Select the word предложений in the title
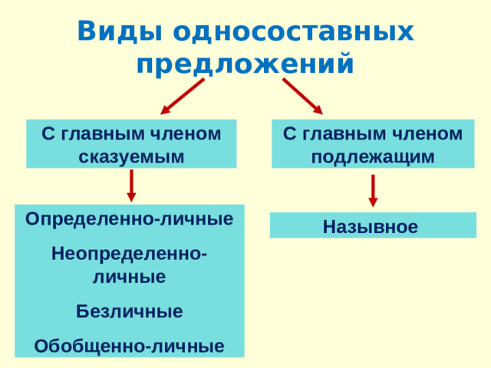click(x=245, y=64)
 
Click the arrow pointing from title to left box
click(x=182, y=97)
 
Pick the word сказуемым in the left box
click(x=131, y=156)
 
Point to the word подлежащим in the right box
click(x=373, y=156)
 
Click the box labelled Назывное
click(x=372, y=226)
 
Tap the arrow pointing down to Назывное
click(x=373, y=191)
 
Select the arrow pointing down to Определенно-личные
click(x=132, y=186)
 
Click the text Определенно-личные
click(x=130, y=219)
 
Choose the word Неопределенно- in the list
click(x=130, y=254)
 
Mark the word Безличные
click(x=130, y=311)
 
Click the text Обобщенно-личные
click(x=130, y=346)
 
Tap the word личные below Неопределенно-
click(x=130, y=277)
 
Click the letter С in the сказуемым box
click(x=48, y=133)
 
